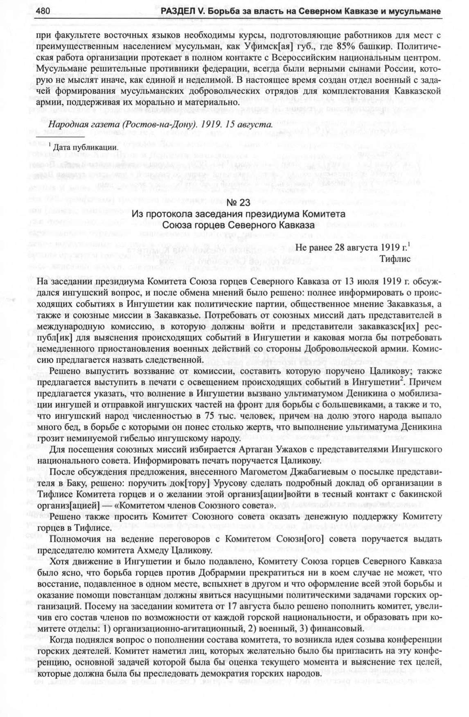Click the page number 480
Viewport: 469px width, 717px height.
[x=43, y=12]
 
